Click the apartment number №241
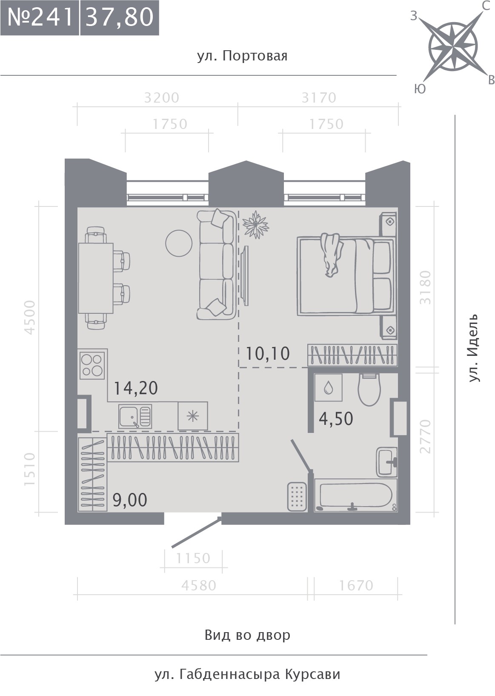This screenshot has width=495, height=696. point(40,17)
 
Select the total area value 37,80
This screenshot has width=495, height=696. point(120,17)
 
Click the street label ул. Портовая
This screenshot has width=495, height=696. point(242,56)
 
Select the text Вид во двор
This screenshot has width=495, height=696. point(247,635)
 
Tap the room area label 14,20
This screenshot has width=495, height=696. point(136,388)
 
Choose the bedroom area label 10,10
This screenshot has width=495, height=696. point(268,354)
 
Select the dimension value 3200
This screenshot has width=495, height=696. point(162,98)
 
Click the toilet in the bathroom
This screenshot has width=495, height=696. point(369,390)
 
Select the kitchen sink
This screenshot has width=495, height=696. point(135,416)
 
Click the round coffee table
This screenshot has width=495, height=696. point(179,243)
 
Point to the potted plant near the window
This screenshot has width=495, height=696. point(255,225)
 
